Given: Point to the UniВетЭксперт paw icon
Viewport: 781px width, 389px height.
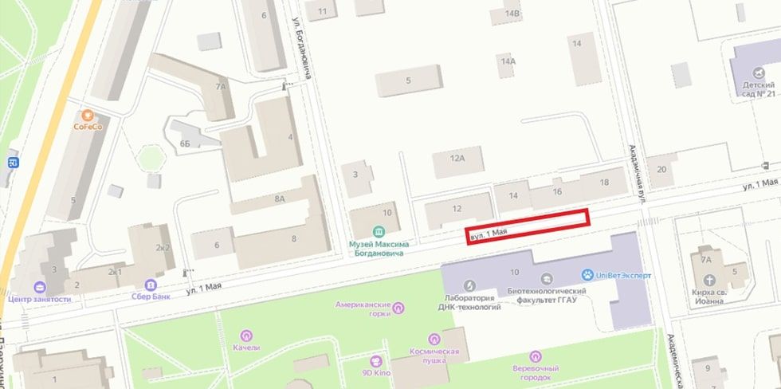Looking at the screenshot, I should (587, 274).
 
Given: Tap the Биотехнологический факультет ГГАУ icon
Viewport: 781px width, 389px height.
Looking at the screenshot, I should (546, 278).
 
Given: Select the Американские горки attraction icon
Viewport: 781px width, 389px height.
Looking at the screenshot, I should (398, 308).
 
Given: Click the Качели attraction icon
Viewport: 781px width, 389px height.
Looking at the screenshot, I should (247, 336).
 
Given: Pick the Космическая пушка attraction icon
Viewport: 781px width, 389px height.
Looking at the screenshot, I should (434, 339).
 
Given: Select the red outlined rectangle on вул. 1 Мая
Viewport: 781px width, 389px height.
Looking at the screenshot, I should (528, 226).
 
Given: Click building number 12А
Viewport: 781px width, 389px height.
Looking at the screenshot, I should (457, 159).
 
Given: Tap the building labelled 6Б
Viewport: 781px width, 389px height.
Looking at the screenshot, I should (185, 143).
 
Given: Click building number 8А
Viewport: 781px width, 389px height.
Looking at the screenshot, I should (279, 199).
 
